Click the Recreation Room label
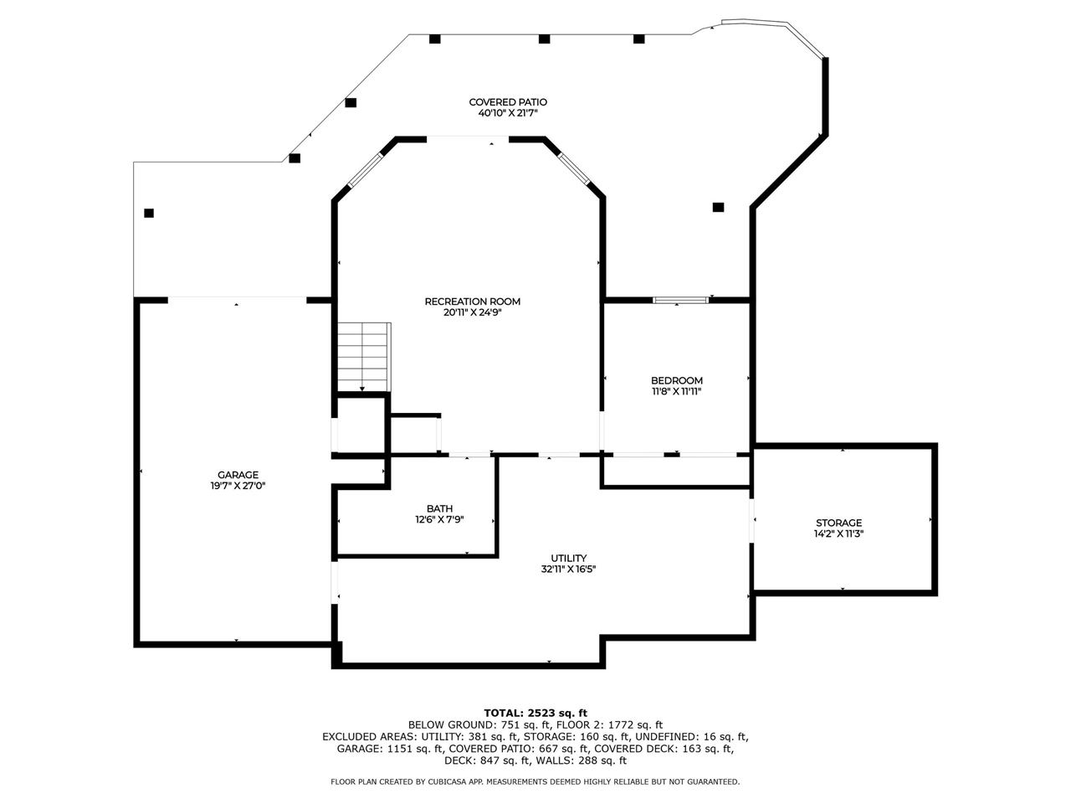(472, 301)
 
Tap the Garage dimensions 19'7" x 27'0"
(238, 486)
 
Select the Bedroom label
(677, 380)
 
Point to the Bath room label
(439, 508)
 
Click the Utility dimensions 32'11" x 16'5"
(568, 569)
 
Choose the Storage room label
(838, 523)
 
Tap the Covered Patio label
(508, 102)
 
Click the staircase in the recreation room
(364, 357)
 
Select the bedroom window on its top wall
(680, 300)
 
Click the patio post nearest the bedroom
(718, 207)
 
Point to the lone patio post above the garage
(149, 213)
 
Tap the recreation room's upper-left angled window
(366, 170)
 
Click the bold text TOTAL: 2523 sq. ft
(535, 713)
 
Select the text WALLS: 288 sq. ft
(582, 760)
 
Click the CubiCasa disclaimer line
(535, 781)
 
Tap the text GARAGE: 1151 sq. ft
(390, 749)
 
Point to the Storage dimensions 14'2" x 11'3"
(838, 533)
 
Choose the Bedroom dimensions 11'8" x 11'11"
(677, 391)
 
